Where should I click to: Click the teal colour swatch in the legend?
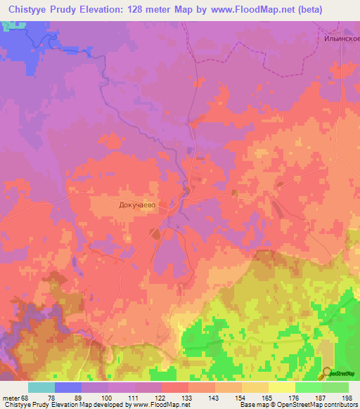click(x=41, y=387)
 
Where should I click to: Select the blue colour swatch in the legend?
click(x=68, y=387)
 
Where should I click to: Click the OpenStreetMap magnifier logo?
click(x=327, y=373)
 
